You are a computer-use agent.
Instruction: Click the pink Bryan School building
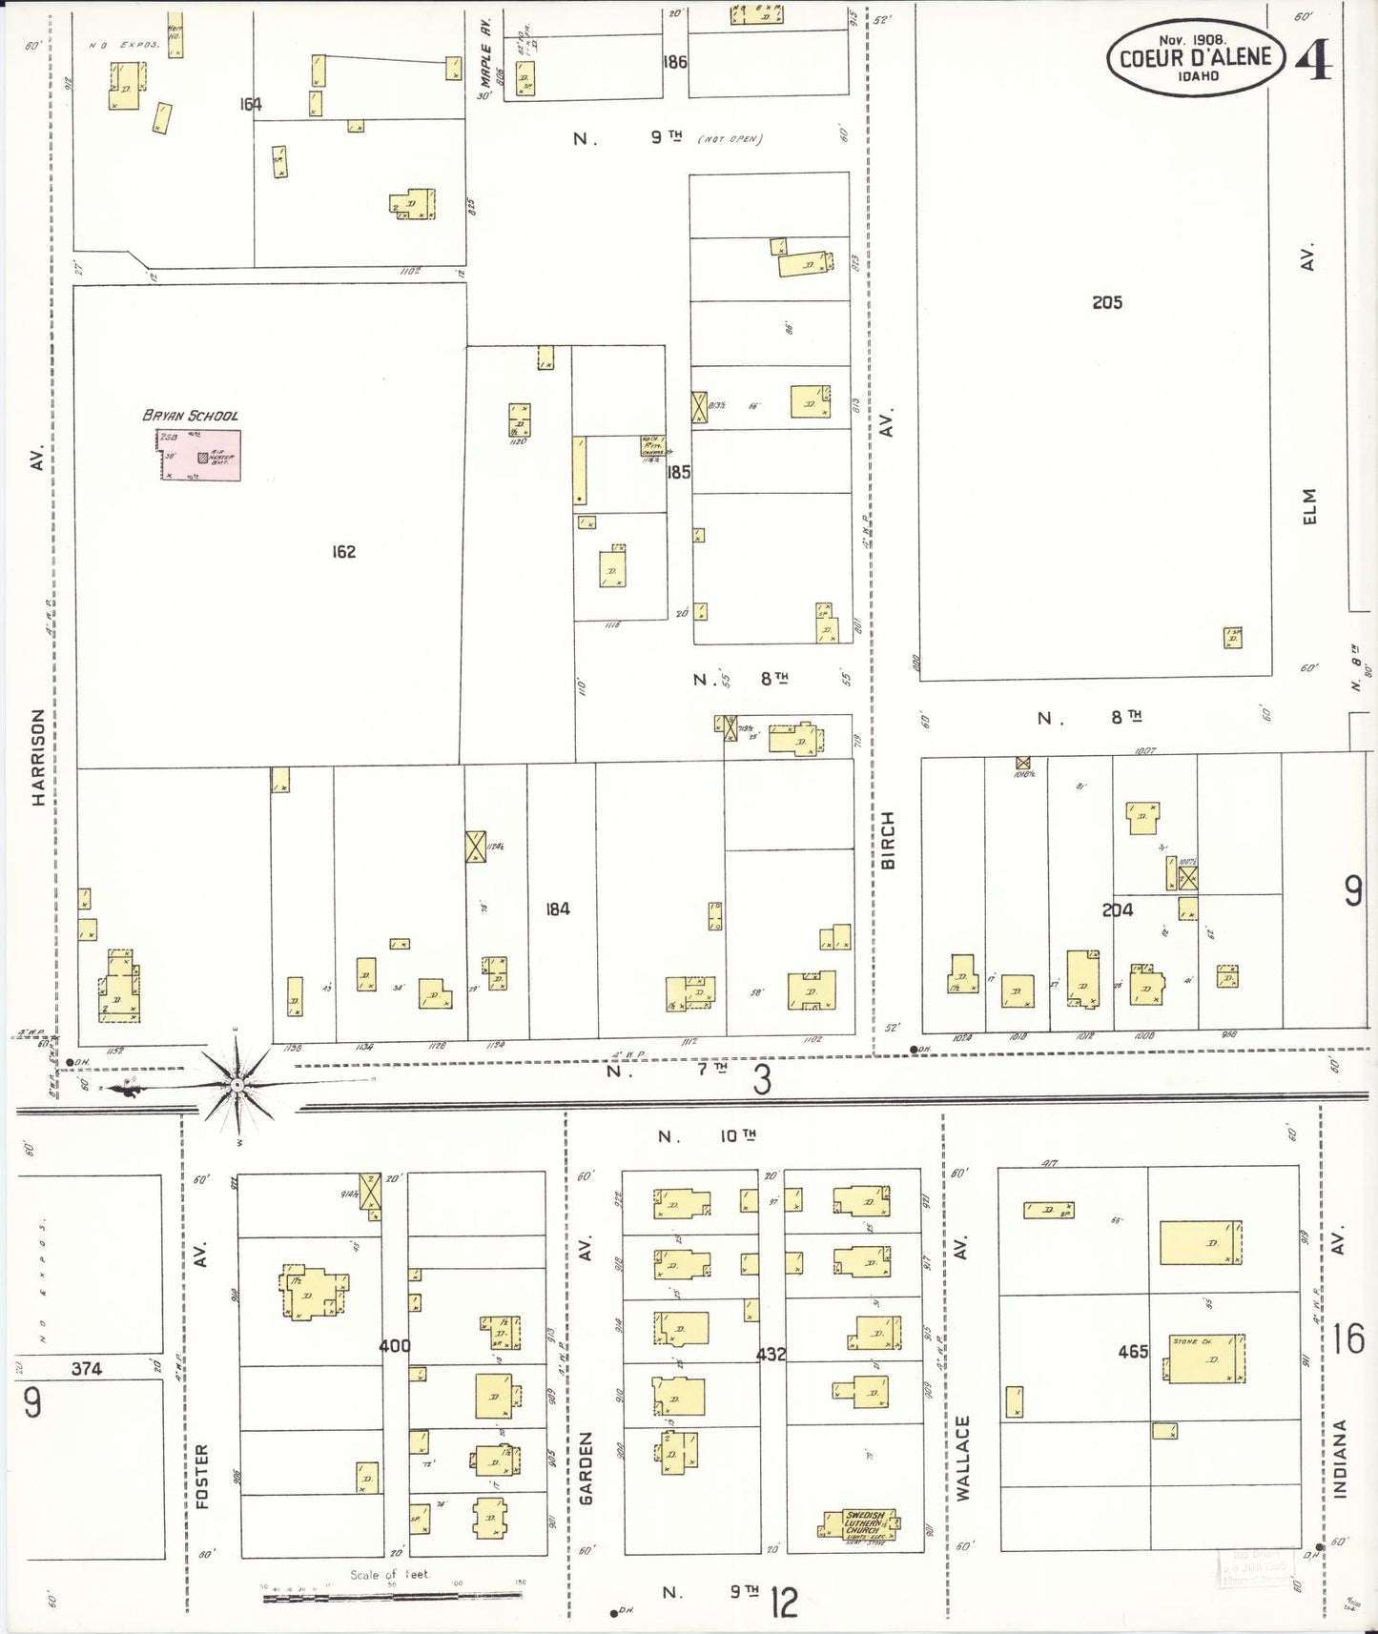pyautogui.click(x=199, y=456)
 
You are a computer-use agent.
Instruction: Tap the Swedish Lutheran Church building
pyautogui.click(x=857, y=1524)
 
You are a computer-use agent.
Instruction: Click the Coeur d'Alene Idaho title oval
pyautogui.click(x=1195, y=57)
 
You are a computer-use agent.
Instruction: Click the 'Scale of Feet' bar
pyautogui.click(x=394, y=1588)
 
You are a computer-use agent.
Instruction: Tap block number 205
pyautogui.click(x=1106, y=302)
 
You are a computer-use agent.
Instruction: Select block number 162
pyautogui.click(x=343, y=551)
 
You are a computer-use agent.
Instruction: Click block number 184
pyautogui.click(x=557, y=909)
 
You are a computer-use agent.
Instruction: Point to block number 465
pyautogui.click(x=1132, y=1351)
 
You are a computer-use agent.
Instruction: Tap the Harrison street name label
pyautogui.click(x=38, y=757)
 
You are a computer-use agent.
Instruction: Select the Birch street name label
pyautogui.click(x=888, y=840)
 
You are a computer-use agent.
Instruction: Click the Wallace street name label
pyautogui.click(x=962, y=1458)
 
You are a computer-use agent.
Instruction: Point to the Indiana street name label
pyautogui.click(x=1339, y=1459)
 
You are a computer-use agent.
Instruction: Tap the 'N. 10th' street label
pyautogui.click(x=707, y=1136)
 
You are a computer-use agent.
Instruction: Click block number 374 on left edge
pyautogui.click(x=86, y=1368)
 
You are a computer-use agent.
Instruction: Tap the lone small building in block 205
pyautogui.click(x=1232, y=637)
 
